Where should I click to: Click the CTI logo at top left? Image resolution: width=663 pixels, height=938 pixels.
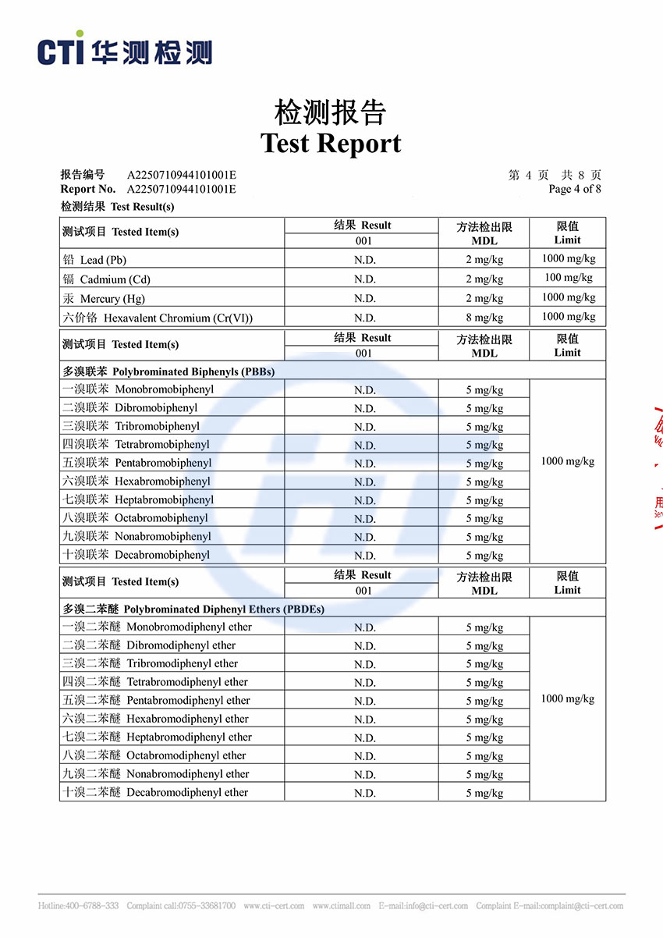click(x=124, y=51)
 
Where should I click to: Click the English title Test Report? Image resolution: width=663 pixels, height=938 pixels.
click(x=331, y=144)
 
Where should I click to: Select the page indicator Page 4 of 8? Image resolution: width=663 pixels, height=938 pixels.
click(x=575, y=189)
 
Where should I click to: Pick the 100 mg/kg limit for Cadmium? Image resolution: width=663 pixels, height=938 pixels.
click(x=568, y=278)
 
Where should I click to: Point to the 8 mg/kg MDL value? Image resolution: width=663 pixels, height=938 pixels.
click(x=484, y=318)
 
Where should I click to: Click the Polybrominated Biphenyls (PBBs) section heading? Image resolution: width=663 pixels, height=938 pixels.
click(x=168, y=371)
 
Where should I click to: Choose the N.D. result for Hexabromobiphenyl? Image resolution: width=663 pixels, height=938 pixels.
click(x=364, y=482)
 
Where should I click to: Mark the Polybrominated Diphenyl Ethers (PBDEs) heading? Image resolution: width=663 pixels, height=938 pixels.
click(x=193, y=609)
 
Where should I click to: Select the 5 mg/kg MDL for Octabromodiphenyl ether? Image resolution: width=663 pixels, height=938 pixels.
click(x=484, y=756)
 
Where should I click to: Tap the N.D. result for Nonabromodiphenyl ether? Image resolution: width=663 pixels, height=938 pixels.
click(x=364, y=775)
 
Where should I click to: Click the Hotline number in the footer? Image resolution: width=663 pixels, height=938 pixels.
click(x=78, y=906)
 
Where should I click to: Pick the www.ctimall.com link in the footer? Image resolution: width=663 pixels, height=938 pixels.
click(x=341, y=906)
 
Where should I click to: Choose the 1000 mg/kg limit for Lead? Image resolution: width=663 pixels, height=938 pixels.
click(x=568, y=259)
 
